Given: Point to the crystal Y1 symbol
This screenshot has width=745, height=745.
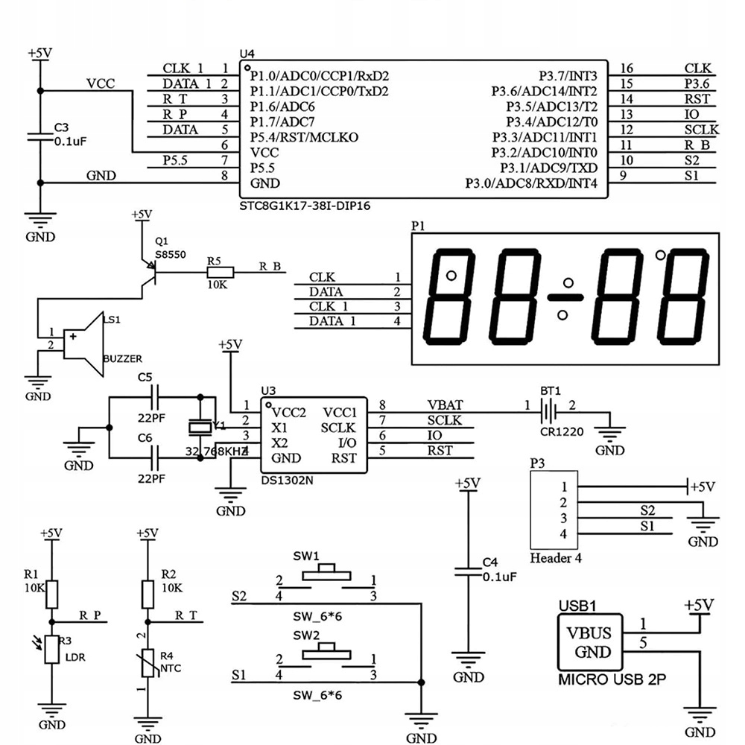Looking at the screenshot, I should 199,427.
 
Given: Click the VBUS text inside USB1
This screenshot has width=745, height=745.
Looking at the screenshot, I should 590,633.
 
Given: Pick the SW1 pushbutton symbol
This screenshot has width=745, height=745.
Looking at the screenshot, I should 326,571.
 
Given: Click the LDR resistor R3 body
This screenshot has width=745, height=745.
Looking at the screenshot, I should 51,649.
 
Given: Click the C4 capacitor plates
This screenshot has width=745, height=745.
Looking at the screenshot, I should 468,572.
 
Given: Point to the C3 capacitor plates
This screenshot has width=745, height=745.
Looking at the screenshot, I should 40,136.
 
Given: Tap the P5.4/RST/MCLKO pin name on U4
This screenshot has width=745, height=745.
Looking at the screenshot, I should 305,137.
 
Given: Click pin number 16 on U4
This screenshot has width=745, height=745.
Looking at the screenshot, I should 627,69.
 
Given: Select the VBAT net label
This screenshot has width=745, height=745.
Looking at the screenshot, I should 445,405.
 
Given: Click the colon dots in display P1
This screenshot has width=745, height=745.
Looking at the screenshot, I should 568,297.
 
